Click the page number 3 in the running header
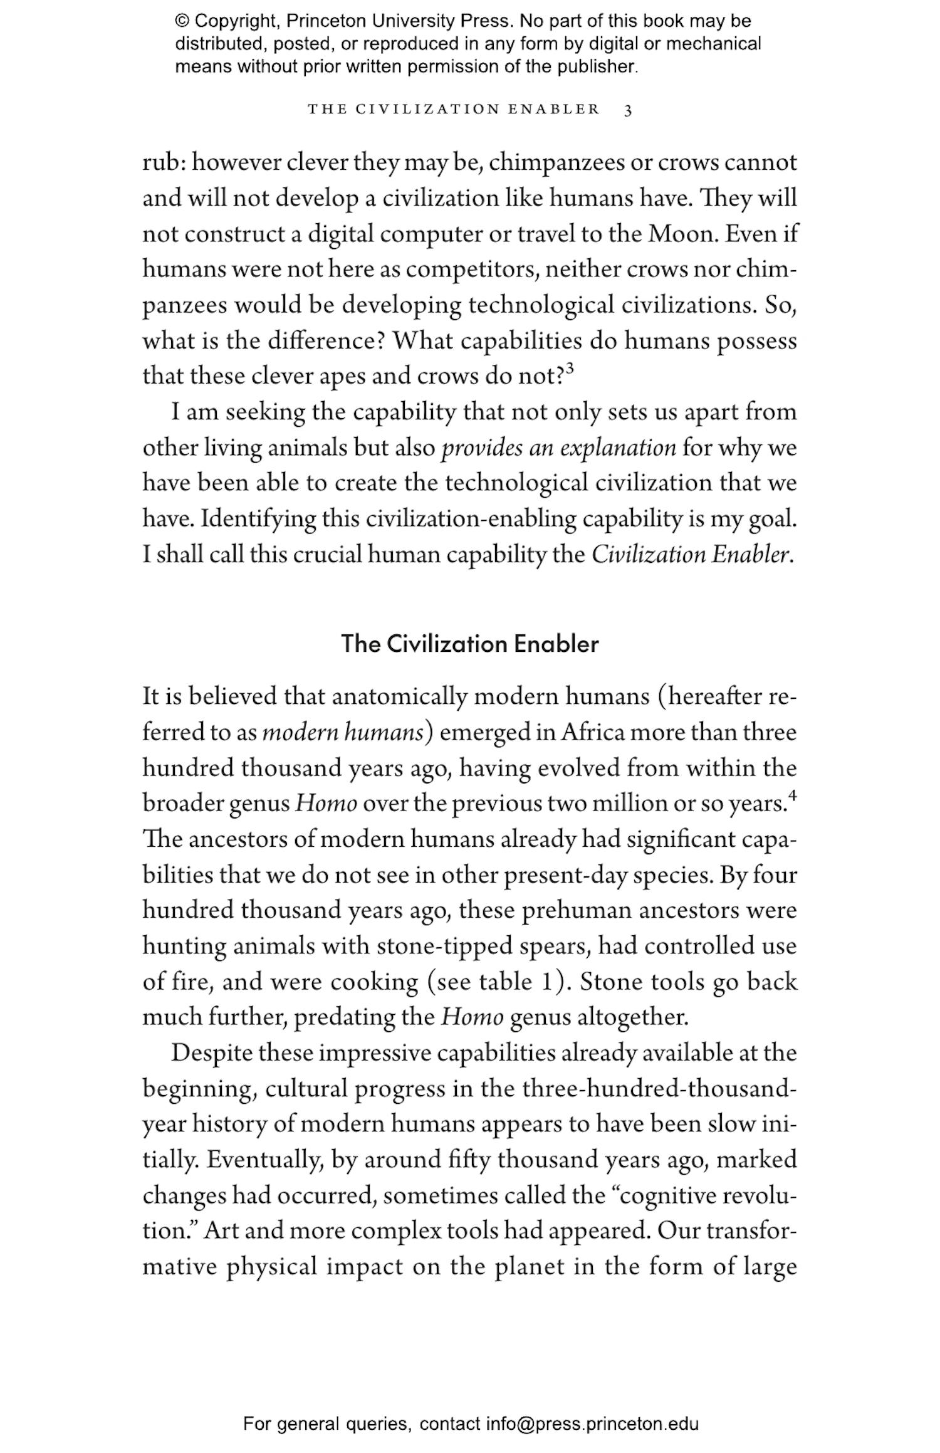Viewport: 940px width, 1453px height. (x=628, y=110)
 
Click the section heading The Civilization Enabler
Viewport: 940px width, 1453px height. (x=470, y=644)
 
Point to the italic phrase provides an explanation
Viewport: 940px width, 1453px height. (x=558, y=448)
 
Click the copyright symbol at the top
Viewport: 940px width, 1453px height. (x=182, y=21)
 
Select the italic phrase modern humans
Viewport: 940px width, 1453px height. (x=343, y=732)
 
